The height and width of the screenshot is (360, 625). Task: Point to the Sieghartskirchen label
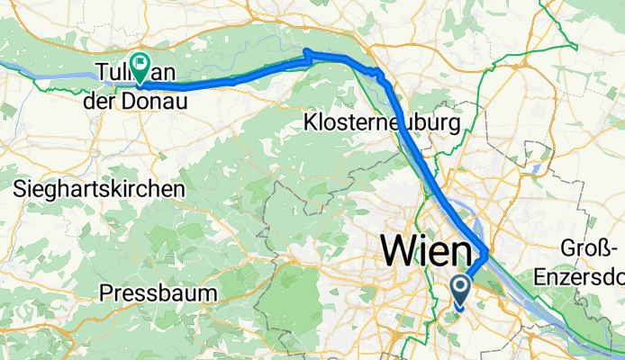coord(99,189)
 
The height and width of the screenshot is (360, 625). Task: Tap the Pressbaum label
coord(158,292)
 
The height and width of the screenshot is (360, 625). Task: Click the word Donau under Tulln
coord(155,102)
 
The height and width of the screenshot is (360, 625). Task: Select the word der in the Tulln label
coord(100,102)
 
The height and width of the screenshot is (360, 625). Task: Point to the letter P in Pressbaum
coord(106,292)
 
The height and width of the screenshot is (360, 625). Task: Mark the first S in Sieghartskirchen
coord(21,189)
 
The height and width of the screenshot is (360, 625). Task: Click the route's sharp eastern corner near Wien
coord(487,252)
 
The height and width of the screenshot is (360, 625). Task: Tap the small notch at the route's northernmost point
coord(307,51)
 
